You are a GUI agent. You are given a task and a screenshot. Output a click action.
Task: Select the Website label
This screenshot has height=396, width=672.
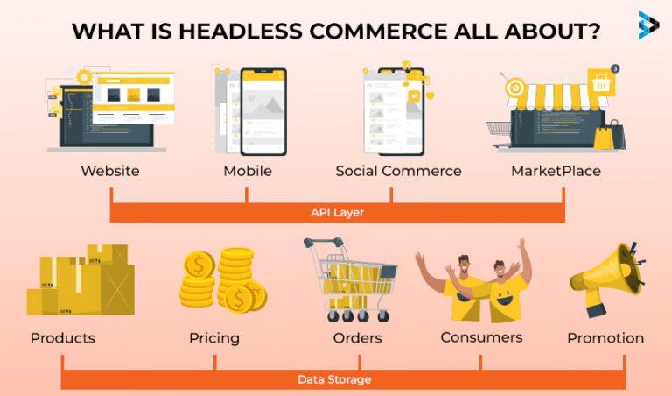point(110,171)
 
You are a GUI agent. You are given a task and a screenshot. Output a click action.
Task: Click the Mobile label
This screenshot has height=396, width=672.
point(248,171)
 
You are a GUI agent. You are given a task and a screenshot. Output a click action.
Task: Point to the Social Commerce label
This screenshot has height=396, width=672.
point(398,171)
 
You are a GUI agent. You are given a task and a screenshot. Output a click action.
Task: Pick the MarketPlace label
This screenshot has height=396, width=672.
point(556,171)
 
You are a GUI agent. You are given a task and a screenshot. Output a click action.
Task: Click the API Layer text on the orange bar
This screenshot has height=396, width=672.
point(337,212)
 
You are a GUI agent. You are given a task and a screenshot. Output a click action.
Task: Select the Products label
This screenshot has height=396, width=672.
point(63,338)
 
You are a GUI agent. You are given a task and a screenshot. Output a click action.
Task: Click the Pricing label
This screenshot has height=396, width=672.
point(214,338)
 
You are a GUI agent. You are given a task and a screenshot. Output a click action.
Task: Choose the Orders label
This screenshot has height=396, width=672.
point(358,338)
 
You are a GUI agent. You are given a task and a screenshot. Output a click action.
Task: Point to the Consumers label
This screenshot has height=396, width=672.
point(481,336)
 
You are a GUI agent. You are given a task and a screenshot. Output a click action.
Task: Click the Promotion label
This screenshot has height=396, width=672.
point(605,338)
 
